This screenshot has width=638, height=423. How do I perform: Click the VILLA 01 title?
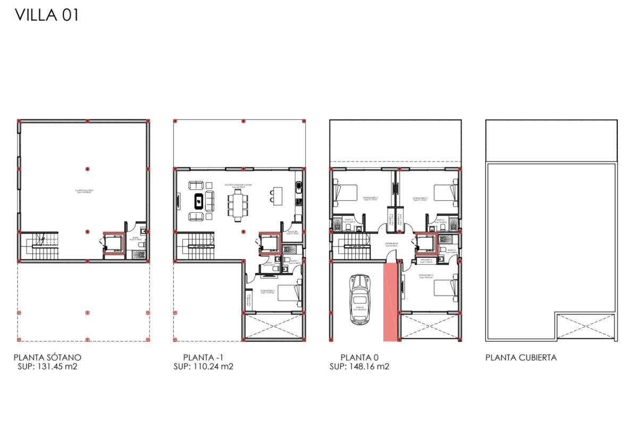pyautogui.click(x=47, y=15)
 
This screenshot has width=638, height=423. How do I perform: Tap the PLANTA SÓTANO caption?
pyautogui.click(x=48, y=357)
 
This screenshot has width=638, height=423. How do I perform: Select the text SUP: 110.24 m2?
pyautogui.click(x=204, y=366)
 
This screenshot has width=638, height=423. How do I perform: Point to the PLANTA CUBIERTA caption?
pyautogui.click(x=521, y=357)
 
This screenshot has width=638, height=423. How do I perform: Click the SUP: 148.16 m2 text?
pyautogui.click(x=359, y=366)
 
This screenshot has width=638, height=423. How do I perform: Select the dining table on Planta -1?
pyautogui.click(x=238, y=205)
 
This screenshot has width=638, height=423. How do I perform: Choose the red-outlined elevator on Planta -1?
pyautogui.click(x=270, y=244)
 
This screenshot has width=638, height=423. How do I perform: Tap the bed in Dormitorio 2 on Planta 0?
pyautogui.click(x=446, y=287)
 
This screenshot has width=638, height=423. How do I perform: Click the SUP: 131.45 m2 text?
pyautogui.click(x=48, y=366)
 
